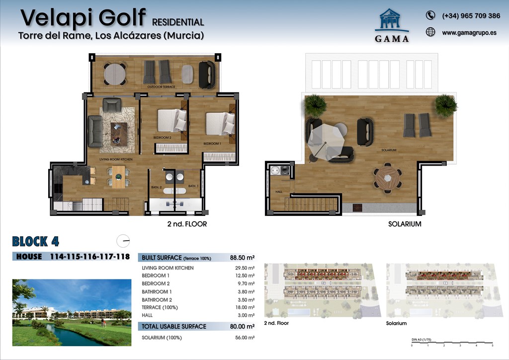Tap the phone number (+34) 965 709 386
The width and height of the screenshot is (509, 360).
[471, 16]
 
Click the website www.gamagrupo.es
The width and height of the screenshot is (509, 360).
[469, 33]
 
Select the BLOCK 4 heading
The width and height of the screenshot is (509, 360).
[36, 242]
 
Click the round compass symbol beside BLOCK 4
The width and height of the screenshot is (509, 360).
[123, 241]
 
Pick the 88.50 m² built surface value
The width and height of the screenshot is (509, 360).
[242, 258]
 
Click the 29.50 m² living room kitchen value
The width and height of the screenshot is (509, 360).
[244, 268]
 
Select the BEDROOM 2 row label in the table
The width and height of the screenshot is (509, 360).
[156, 283]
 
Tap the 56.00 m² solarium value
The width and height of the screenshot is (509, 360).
[244, 338]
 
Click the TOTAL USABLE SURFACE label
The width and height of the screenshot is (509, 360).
[173, 326]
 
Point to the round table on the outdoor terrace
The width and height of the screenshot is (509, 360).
[115, 74]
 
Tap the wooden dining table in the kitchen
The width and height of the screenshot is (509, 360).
[119, 177]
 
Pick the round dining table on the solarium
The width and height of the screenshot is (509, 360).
[387, 178]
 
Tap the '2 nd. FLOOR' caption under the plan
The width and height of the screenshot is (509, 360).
[187, 224]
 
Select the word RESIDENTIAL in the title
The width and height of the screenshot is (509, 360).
[178, 22]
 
